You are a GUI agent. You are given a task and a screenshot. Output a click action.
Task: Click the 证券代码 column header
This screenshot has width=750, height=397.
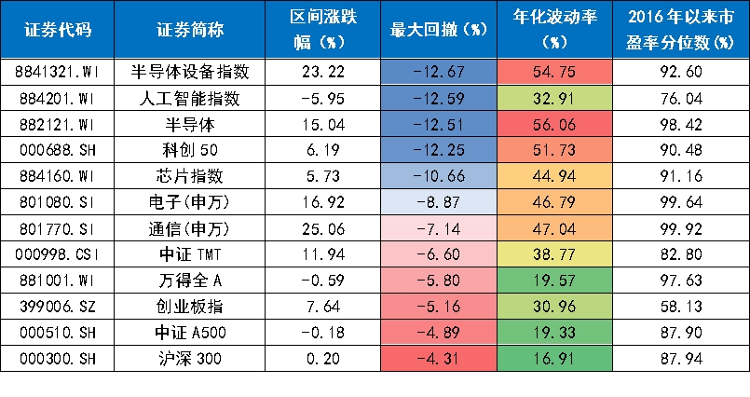(x=58, y=30)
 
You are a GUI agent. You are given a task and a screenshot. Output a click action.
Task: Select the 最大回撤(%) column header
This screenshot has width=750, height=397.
(x=439, y=30)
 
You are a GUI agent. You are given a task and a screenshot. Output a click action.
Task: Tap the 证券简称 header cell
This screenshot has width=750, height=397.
(x=190, y=30)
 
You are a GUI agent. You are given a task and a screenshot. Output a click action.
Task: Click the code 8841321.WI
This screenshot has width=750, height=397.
(x=58, y=72)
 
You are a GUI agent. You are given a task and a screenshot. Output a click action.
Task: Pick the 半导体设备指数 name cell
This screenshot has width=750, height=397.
(x=190, y=72)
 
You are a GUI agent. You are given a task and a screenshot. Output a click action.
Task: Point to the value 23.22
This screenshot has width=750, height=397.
(x=323, y=72)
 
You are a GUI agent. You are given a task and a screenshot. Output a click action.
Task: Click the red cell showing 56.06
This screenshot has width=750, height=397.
(x=555, y=124)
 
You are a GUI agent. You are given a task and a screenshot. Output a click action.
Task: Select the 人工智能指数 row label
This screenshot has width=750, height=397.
(x=190, y=99)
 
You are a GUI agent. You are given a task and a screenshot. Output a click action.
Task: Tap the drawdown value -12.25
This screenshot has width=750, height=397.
(x=439, y=150)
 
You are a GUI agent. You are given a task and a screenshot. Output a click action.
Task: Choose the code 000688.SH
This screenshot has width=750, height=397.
(x=58, y=150)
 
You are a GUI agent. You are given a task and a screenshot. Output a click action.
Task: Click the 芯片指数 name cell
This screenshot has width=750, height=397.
(x=190, y=176)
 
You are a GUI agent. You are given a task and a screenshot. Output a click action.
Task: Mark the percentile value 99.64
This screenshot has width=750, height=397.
(x=681, y=202)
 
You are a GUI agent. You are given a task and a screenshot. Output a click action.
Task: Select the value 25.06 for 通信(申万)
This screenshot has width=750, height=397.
(x=323, y=228)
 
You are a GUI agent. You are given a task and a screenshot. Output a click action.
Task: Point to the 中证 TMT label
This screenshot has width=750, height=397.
(x=190, y=254)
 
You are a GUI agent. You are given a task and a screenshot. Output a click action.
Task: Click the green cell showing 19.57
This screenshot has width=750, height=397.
(x=555, y=280)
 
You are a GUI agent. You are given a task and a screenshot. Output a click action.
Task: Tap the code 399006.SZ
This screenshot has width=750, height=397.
(x=58, y=306)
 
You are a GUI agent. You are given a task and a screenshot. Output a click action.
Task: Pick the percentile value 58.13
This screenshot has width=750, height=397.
(x=681, y=306)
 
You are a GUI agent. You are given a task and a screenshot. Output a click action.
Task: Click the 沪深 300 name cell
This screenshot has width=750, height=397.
(x=190, y=358)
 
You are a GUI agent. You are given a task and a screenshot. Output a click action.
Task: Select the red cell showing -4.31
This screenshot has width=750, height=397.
(x=439, y=358)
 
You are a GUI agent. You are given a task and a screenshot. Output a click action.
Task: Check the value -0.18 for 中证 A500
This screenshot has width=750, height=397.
(x=323, y=333)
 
